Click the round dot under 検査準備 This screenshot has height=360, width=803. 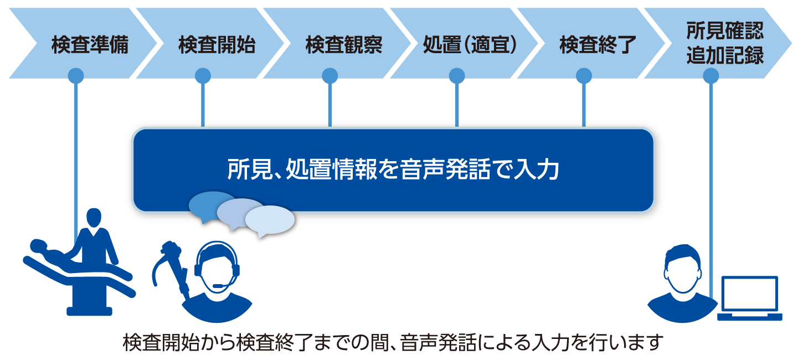point(76,76)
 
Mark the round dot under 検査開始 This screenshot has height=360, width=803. point(203,76)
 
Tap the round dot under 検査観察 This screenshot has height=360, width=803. point(330,76)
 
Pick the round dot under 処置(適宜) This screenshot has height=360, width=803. point(456,76)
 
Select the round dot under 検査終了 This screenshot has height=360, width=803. point(583,76)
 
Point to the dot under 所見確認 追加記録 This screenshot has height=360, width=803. point(711,76)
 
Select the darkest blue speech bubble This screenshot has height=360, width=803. point(210,205)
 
